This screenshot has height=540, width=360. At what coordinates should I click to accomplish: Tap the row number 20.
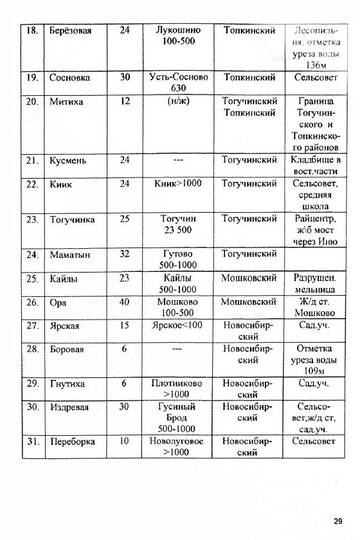(x=31, y=102)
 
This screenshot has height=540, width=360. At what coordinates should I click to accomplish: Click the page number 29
(x=336, y=520)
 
